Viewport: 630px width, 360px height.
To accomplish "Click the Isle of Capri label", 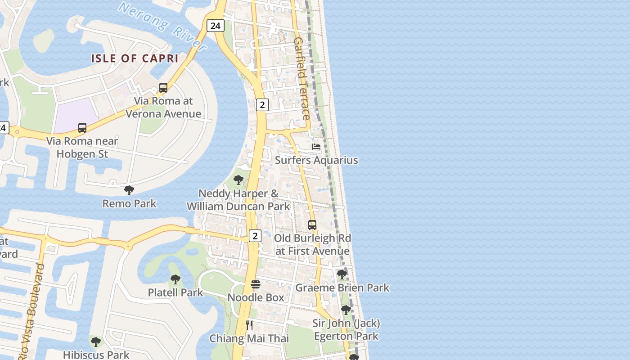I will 135,58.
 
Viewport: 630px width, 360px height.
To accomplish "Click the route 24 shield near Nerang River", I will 216,26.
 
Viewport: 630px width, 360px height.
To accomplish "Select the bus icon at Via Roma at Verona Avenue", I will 163,88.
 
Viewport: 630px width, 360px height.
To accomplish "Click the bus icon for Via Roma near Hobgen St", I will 82,128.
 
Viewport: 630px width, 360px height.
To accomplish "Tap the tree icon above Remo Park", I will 129,190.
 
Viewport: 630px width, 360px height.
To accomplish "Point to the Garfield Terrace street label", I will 301,79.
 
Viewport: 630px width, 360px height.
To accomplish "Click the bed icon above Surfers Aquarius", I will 316,147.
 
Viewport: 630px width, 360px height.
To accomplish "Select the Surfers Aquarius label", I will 316,160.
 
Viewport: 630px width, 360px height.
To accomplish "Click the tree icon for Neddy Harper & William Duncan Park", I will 238,180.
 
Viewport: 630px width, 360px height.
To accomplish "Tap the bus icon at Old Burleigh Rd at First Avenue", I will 312,225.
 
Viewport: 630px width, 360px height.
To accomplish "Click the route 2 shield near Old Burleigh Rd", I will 255,235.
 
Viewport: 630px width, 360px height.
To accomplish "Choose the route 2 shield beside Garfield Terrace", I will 262,105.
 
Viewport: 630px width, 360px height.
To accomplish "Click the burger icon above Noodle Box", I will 256,284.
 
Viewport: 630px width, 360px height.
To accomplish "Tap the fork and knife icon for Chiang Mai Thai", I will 249,325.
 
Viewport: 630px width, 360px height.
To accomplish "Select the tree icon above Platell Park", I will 175,279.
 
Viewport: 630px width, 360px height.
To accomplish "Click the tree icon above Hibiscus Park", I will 96,342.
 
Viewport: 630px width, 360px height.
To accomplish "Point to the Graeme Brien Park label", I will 342,288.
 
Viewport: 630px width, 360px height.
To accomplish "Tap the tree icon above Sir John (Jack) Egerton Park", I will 346,310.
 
